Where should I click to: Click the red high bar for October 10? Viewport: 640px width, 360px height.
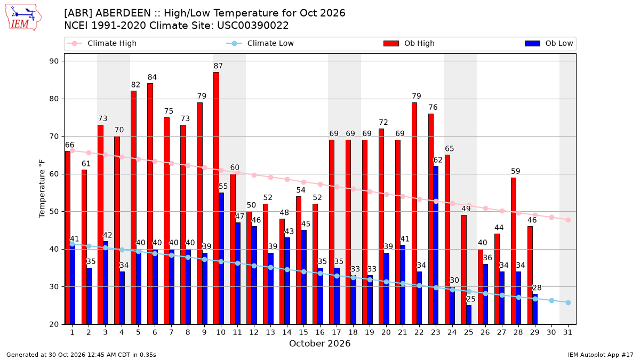217,198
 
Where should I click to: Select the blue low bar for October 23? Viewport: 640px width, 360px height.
436,245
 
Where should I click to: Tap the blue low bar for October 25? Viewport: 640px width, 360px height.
469,315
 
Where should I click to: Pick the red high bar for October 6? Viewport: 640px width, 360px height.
150,204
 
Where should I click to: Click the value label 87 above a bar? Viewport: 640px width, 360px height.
218,66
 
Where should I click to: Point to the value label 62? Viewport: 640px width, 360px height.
438,160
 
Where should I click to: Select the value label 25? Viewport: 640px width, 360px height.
471,299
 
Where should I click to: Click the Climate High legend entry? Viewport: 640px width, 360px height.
101,43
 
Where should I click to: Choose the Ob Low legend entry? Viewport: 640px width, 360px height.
549,43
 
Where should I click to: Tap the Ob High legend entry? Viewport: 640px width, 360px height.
409,43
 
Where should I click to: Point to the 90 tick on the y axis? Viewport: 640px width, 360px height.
54,61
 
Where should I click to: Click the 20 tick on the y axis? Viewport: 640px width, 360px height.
54,324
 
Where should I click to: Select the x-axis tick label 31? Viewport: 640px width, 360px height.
567,332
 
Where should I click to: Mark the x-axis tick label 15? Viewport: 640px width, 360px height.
303,332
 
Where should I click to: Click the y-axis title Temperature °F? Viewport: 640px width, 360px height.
42,189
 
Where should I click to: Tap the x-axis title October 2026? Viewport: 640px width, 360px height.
319,343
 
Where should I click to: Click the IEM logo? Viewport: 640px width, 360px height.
23,17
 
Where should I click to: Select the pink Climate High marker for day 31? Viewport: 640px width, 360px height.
568,220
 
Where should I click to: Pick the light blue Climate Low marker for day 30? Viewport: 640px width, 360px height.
551,301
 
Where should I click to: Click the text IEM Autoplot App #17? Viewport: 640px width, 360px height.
601,355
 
